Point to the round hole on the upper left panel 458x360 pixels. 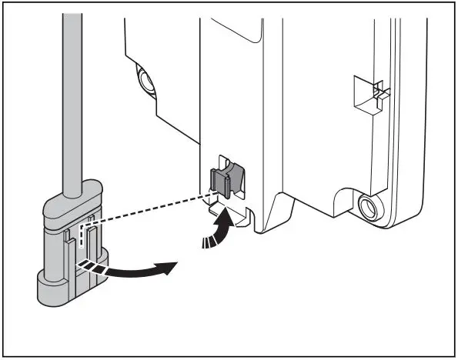point(143,79)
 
